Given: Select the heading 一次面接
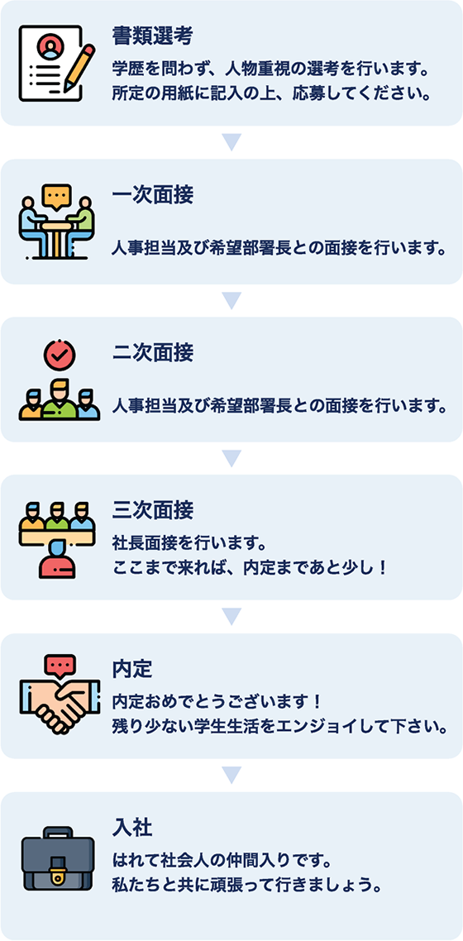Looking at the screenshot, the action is point(152,196).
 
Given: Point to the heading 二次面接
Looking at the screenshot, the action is point(152,353).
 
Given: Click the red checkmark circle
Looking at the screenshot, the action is point(60,356).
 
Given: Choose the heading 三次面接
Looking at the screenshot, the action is point(152,511).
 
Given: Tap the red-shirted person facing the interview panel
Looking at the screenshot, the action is point(58,561).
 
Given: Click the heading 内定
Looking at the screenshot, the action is point(132,669).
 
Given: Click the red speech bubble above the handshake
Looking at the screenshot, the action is point(60,666).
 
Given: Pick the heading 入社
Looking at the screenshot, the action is point(132,829).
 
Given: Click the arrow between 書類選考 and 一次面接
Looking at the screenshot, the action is point(231,142).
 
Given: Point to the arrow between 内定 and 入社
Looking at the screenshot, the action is point(231,775).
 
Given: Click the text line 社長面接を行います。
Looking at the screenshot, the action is point(189,544).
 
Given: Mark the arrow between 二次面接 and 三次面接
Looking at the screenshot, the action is point(231,458).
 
